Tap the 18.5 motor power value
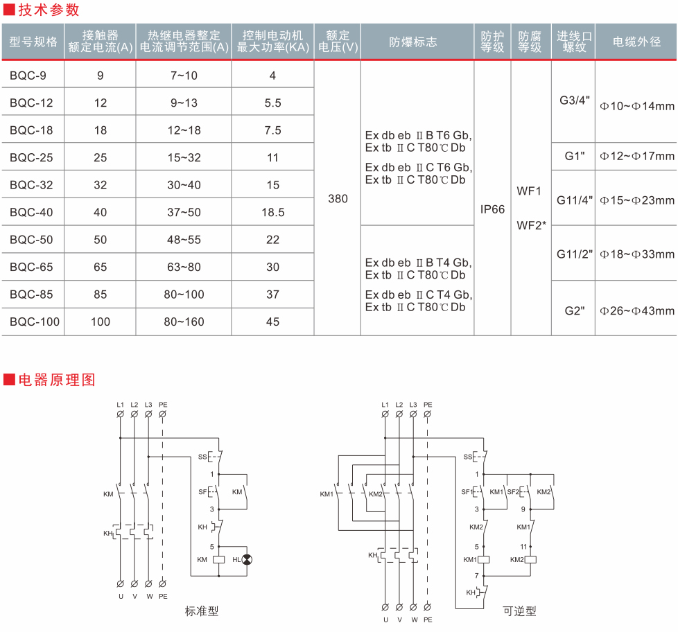tap(273, 213)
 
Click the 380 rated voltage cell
tap(338, 199)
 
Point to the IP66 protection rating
tap(493, 209)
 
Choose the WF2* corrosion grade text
tap(532, 225)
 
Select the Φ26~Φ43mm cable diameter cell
tap(637, 310)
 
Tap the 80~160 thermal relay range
tap(184, 322)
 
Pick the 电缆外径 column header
tap(636, 42)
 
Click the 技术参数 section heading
tap(49, 10)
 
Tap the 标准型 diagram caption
tap(202, 611)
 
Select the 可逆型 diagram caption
tap(520, 611)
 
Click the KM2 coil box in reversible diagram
tap(532, 559)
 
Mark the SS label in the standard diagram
tap(202, 457)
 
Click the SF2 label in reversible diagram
tap(513, 492)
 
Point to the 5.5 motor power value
tap(273, 103)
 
